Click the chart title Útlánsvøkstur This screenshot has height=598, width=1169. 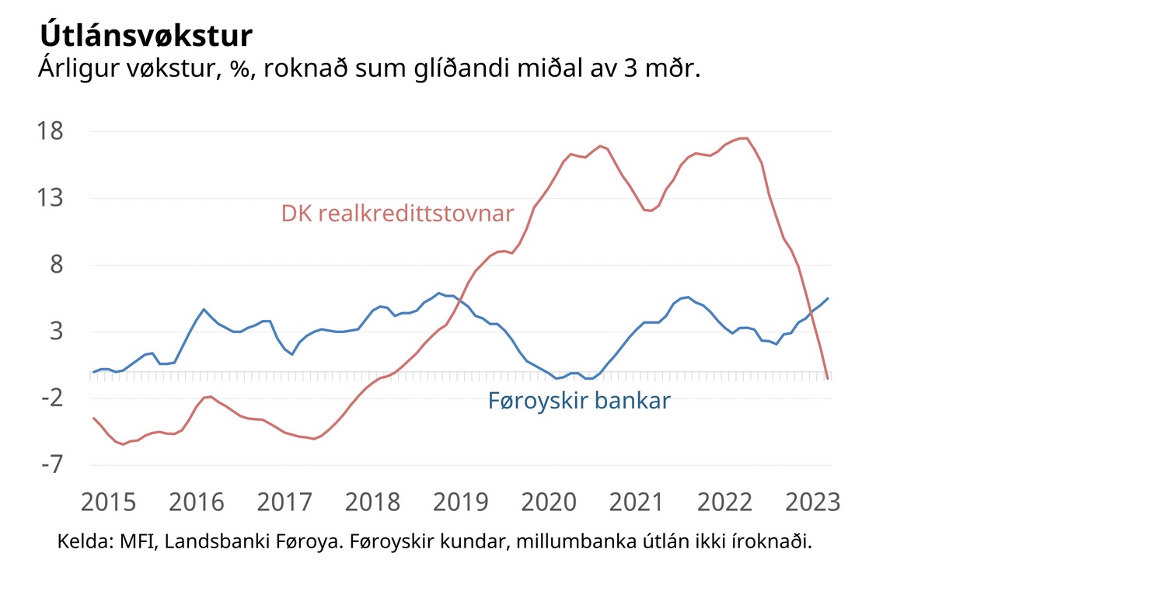(x=145, y=36)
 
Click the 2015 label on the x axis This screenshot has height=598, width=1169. (x=109, y=502)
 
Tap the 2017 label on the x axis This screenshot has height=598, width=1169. (x=284, y=502)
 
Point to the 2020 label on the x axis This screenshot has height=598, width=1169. (x=547, y=502)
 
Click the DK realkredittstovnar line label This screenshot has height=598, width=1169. (x=397, y=214)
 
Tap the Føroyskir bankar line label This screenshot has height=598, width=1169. (x=579, y=402)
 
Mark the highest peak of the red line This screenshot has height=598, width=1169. (x=745, y=138)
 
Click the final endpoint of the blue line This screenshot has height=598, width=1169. (x=829, y=298)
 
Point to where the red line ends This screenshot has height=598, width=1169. (x=829, y=378)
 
